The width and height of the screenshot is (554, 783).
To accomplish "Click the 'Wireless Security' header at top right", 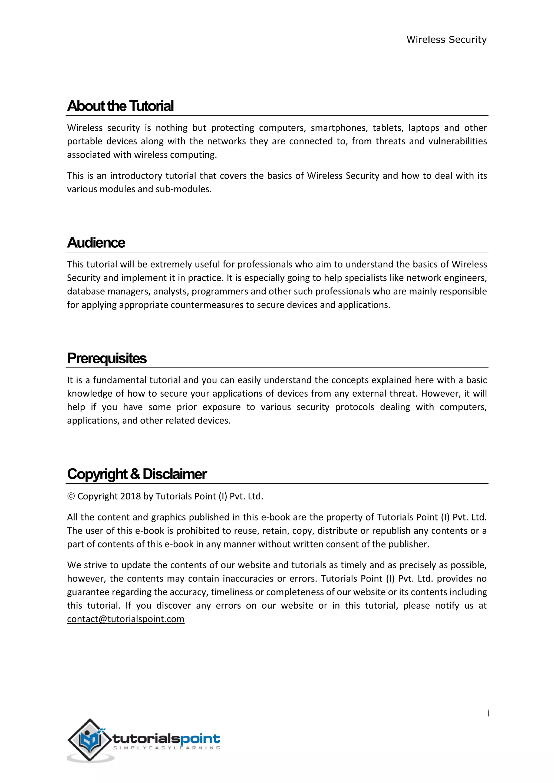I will (446, 39).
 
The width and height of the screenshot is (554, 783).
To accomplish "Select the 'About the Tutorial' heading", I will (120, 106).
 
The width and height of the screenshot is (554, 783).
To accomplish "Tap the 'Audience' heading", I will (96, 243).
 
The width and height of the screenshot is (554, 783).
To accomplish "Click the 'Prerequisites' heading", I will (107, 359).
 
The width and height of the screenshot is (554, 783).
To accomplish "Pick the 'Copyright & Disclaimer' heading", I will (137, 474).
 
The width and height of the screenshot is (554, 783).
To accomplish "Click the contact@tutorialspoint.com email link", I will (126, 619).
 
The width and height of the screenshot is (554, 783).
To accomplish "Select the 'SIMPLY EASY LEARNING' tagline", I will (166, 748).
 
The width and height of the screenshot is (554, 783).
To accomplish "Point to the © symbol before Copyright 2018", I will (71, 496).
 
